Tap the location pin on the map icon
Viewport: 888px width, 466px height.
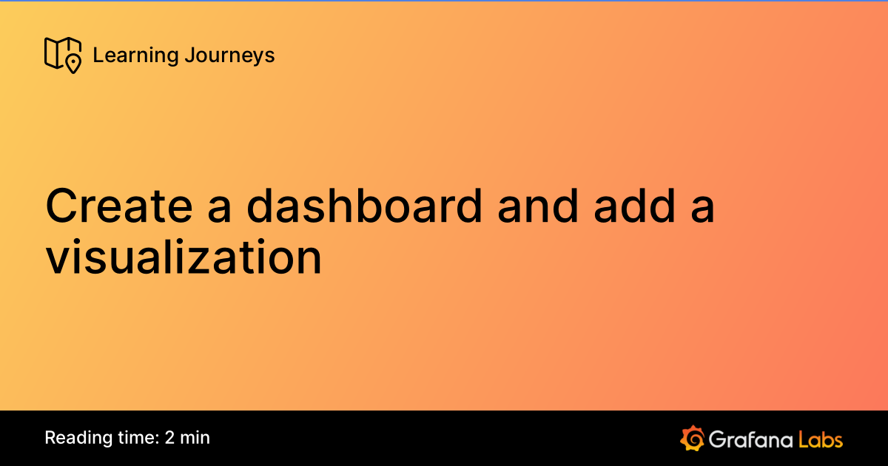(73, 63)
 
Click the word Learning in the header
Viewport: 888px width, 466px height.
(125, 55)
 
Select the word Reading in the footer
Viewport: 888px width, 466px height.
(73, 438)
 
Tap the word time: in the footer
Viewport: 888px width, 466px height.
(133, 437)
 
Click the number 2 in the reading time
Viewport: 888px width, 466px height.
(170, 437)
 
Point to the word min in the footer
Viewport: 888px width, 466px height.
(195, 437)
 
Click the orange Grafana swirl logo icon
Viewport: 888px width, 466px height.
(692, 438)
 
